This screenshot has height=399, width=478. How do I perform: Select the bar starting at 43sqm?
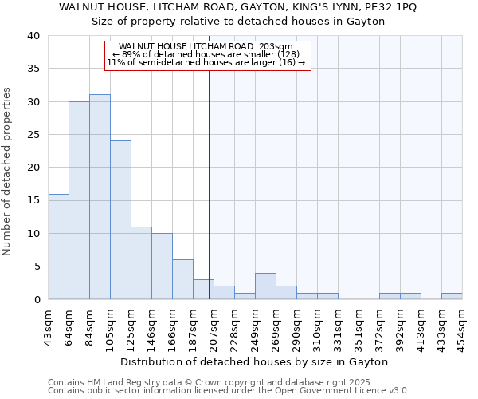[58, 247]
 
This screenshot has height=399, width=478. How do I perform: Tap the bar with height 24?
[120, 220]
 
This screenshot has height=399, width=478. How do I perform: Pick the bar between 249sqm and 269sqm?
[265, 286]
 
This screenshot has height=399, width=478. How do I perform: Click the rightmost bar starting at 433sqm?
[452, 296]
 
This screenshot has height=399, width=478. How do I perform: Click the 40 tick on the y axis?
[33, 36]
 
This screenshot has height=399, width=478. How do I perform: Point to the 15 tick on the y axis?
[33, 200]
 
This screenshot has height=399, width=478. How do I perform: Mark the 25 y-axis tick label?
[33, 135]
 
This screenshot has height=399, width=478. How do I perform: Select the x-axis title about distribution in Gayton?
[255, 361]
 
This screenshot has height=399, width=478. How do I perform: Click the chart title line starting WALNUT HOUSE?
[238, 7]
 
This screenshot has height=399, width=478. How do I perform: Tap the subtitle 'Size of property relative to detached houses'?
[238, 22]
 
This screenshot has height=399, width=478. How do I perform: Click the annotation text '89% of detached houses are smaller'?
[206, 54]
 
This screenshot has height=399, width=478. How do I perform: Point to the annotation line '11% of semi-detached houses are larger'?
[206, 62]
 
